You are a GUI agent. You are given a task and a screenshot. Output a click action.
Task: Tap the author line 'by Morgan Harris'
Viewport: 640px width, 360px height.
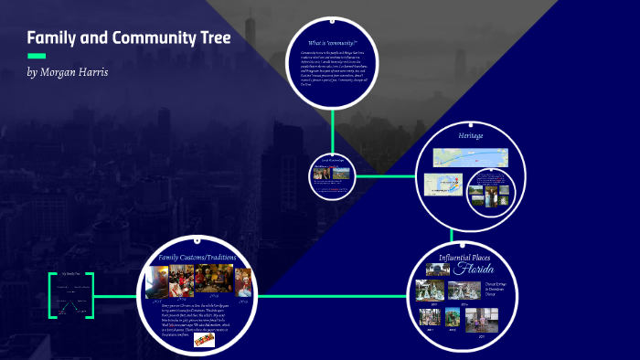68,72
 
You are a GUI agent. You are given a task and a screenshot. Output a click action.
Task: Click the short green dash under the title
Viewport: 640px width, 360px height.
36,57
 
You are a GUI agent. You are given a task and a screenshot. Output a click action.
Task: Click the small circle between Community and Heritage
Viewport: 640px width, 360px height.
331,174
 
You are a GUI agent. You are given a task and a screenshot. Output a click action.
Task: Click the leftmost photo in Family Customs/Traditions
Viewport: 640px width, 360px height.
156,279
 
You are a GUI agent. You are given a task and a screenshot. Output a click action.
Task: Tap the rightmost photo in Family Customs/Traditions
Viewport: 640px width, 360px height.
242,279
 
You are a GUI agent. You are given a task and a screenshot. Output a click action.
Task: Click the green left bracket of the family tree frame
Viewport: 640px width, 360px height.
52,295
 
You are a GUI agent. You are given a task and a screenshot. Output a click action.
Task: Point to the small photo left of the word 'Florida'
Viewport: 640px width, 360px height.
436,270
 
